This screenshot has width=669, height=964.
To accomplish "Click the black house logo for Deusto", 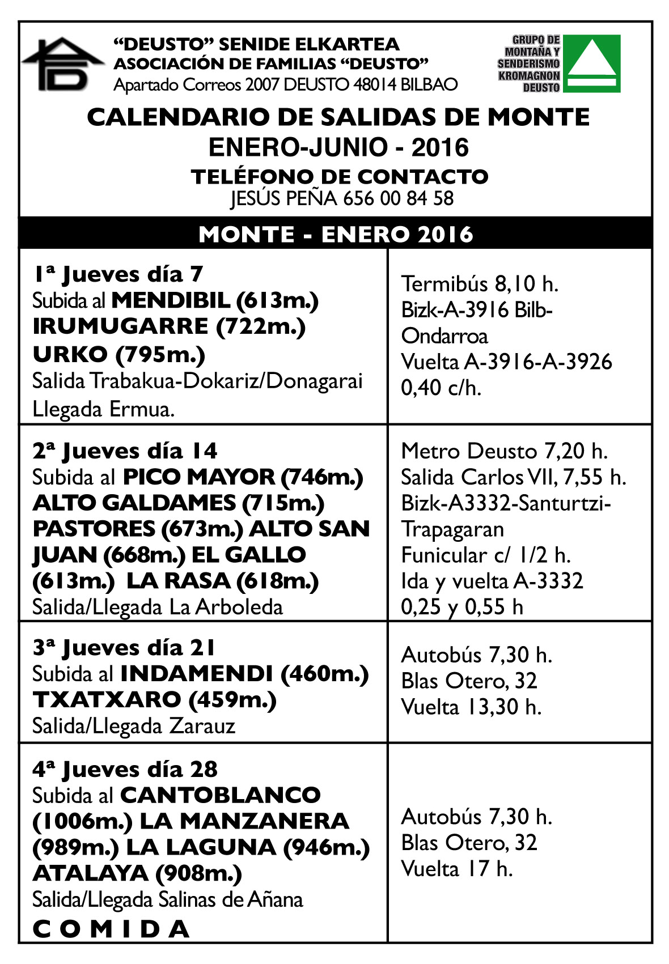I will (x=63, y=64).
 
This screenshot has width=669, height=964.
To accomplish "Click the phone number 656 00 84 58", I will (x=398, y=198).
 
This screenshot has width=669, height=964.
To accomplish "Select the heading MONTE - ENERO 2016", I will (x=336, y=234).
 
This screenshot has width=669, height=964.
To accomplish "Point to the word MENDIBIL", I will (x=171, y=300).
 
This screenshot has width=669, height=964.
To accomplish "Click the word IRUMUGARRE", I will (x=120, y=326).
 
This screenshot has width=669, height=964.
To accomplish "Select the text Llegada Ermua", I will (x=103, y=409).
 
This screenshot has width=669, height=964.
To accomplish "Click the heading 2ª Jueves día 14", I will (x=125, y=451).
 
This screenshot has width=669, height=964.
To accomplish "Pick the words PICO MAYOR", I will (x=198, y=477).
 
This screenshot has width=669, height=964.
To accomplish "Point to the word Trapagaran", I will (x=452, y=529).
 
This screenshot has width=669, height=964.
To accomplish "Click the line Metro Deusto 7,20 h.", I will (x=504, y=451).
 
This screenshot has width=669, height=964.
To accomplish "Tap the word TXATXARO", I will (x=107, y=700).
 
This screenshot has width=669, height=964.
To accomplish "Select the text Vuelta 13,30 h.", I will (x=471, y=707).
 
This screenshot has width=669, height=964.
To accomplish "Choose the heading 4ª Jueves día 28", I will (x=125, y=770).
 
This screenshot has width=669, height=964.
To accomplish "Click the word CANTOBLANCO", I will (x=221, y=795).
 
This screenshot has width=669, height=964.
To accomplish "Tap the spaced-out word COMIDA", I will (x=111, y=929).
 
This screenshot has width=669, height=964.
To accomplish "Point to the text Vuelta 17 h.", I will (x=457, y=869).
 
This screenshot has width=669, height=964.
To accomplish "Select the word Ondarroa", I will (x=444, y=336).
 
